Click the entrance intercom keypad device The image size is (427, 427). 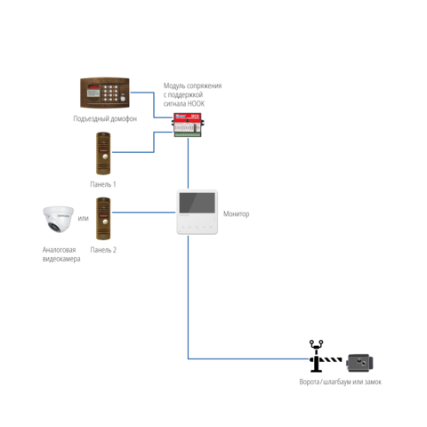[x=105, y=93]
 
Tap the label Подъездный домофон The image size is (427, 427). [x=105, y=118]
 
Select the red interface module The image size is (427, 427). [x=188, y=125]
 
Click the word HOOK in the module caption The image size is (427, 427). [x=196, y=104]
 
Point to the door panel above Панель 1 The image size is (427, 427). [x=103, y=153]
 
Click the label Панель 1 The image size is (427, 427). [x=103, y=184]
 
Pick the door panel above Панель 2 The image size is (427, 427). [x=103, y=219]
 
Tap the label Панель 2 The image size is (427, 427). [x=103, y=250]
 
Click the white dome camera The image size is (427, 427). [x=58, y=219]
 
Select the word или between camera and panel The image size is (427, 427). [x=83, y=219]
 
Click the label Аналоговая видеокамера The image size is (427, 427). [x=61, y=254]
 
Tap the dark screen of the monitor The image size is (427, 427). [x=197, y=203]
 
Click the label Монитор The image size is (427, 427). [x=236, y=213]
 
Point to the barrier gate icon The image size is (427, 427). [x=325, y=357]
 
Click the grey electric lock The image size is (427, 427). [x=359, y=363]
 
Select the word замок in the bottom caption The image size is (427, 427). [x=373, y=382]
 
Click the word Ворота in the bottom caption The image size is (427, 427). [x=309, y=382]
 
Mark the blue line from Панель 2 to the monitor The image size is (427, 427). [x=144, y=213]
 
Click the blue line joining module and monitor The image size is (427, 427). [x=188, y=164]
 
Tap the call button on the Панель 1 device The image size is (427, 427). [x=105, y=157]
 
